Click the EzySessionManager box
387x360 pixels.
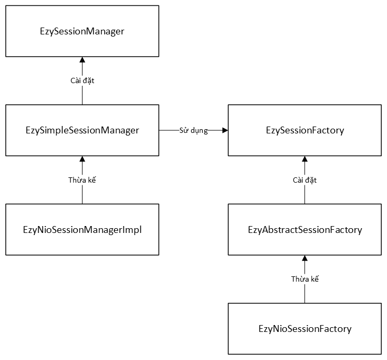point(82,31)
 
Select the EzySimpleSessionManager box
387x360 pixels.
point(82,130)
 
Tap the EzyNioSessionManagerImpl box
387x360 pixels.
point(82,229)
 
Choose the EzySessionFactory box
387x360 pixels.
point(304,130)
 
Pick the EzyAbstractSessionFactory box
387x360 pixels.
point(304,229)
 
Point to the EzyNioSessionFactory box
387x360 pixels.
point(304,329)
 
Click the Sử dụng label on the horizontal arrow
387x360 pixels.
point(193,130)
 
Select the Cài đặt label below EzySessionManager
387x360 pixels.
point(82,80)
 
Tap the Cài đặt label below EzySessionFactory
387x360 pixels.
point(304,180)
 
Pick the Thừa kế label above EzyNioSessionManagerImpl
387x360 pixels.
point(82,180)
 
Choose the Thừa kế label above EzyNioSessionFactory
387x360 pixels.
point(304,279)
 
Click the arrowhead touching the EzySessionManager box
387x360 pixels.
point(82,59)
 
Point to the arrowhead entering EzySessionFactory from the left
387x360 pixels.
point(224,130)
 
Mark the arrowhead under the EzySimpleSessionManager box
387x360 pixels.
point(82,159)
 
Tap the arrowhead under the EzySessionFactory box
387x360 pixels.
point(304,159)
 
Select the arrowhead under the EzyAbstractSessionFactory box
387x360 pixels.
point(304,258)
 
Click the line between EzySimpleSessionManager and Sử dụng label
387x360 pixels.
point(168,130)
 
